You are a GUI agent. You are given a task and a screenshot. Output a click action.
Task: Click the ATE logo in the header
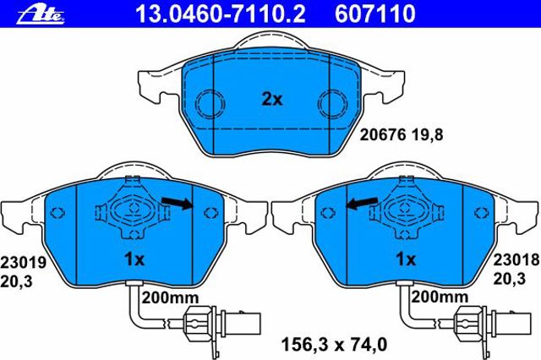tap(41, 14)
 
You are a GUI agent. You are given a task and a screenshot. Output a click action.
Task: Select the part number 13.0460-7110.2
tap(220, 14)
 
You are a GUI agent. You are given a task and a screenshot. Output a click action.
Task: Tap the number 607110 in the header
tap(375, 14)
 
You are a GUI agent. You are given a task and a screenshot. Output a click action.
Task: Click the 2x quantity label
tap(272, 100)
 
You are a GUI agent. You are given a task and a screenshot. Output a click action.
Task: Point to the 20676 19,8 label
tap(402, 134)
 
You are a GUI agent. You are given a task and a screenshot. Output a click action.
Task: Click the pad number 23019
tap(23, 263)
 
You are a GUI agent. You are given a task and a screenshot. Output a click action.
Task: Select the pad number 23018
tap(516, 259)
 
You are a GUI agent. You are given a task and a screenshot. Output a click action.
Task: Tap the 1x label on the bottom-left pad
tap(134, 259)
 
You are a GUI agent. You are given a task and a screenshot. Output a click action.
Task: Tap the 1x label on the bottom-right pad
tap(406, 259)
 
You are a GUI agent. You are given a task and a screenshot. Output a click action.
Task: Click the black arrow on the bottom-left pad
tap(178, 203)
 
